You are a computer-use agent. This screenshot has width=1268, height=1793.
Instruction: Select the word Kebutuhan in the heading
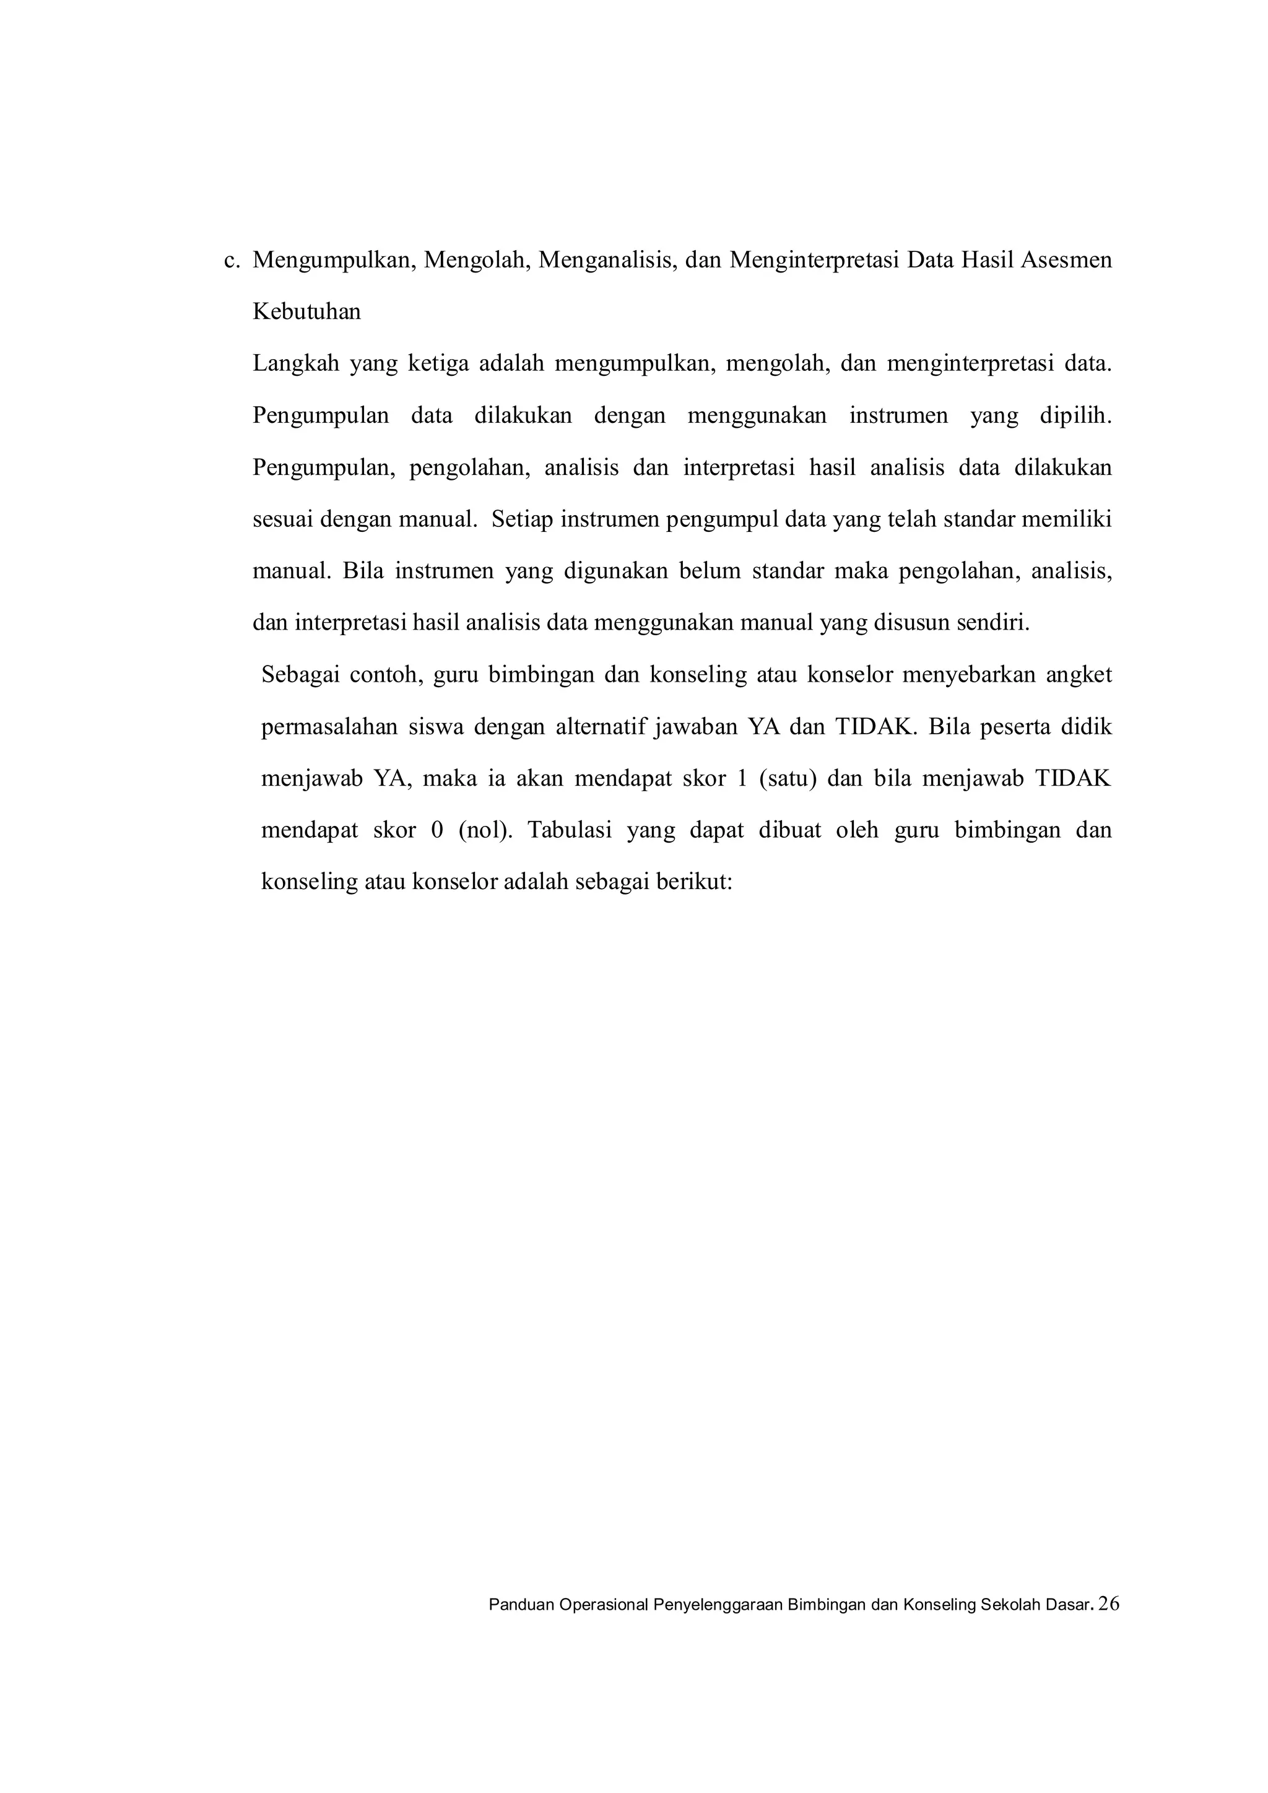(x=307, y=313)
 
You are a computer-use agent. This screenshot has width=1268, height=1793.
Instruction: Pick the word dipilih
(x=1075, y=416)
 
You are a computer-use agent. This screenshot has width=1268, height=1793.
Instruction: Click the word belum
(x=709, y=571)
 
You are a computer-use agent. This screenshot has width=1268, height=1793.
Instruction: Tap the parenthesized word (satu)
(x=787, y=779)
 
